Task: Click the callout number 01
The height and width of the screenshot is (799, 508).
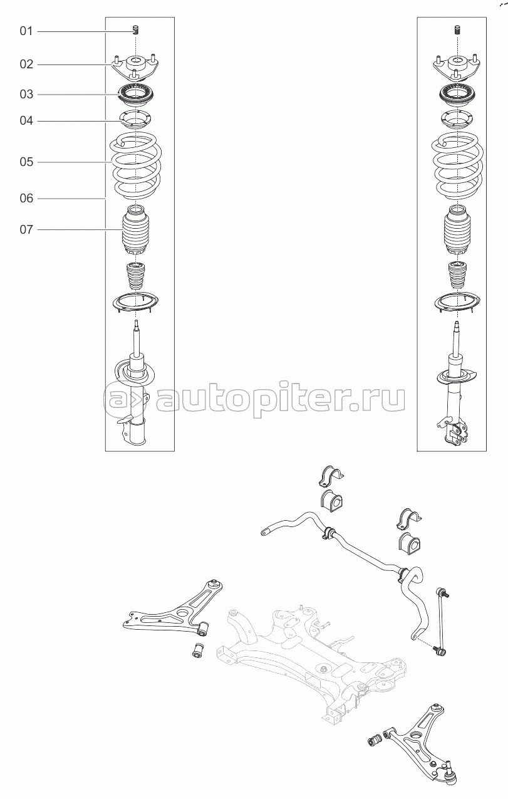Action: coord(26,31)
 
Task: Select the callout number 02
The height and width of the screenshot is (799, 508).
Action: coord(26,64)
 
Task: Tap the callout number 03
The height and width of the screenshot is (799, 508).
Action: coord(26,94)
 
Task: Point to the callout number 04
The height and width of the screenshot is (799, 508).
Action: coord(26,121)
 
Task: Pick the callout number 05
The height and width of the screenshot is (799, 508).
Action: coord(26,162)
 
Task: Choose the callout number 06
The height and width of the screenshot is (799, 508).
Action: coord(26,198)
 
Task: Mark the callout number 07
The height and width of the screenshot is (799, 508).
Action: coord(26,229)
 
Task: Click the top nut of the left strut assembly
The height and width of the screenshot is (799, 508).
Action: coord(135,30)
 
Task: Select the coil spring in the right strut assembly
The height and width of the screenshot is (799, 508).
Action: coord(457,165)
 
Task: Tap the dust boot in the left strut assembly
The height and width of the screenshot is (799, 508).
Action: coord(135,231)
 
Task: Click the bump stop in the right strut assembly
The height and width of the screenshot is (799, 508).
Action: coord(458,275)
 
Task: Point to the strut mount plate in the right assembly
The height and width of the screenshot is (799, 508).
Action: coord(457,67)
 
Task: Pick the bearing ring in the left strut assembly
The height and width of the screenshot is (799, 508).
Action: coord(135,95)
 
